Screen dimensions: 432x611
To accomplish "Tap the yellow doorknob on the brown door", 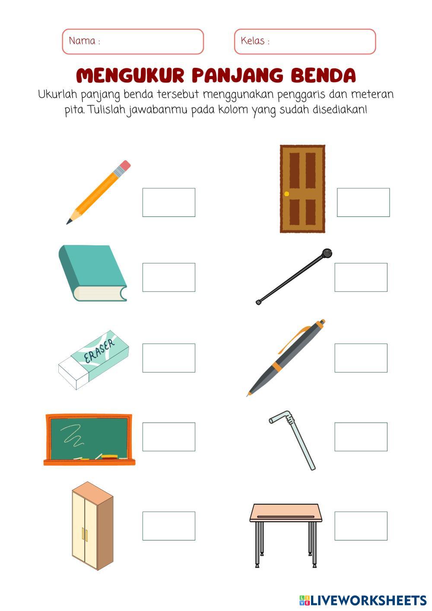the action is [286, 194].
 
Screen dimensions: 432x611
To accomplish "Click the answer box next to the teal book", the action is [169, 277].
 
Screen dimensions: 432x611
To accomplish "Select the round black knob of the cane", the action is [327, 253].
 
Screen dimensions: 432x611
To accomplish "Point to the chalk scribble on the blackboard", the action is [73, 435].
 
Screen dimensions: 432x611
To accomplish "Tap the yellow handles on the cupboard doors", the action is [85, 535].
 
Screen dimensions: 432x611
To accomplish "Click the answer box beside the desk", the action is [361, 526].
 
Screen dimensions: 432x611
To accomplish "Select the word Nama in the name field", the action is [82, 41].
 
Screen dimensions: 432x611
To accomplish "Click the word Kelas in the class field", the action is [253, 41].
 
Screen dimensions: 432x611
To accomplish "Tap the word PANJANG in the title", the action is [238, 75].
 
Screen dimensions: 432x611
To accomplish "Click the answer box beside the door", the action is [363, 202].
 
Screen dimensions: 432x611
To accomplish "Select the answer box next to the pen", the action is [361, 358].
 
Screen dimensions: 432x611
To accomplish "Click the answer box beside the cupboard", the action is [169, 526].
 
